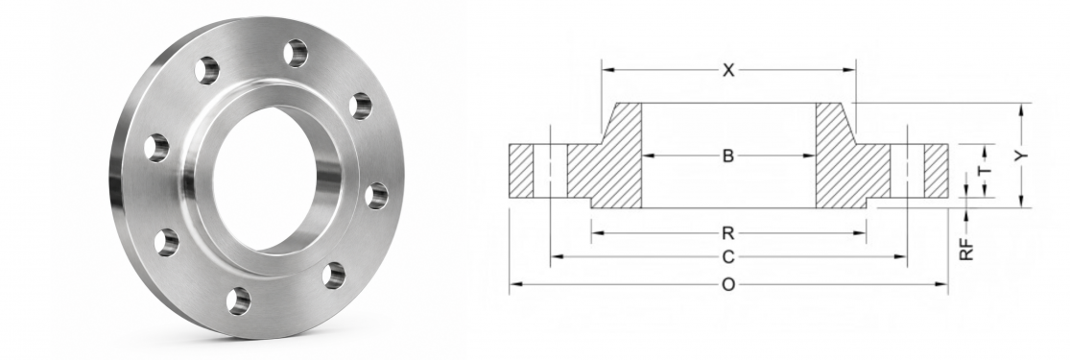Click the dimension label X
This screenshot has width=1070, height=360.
point(728,70)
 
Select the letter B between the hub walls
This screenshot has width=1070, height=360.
point(728,156)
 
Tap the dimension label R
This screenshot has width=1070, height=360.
point(728,233)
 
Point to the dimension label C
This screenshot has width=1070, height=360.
point(728,257)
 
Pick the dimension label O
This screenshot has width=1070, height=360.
point(728,284)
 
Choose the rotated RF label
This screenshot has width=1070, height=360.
point(966,250)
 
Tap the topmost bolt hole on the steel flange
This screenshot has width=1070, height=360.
point(296,53)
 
